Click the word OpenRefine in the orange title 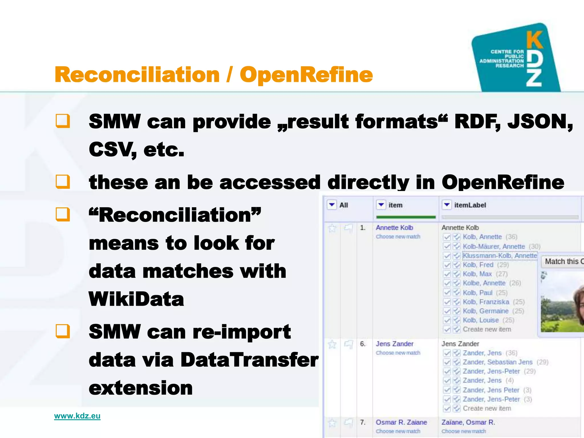(x=306, y=75)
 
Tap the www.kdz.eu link (x=77, y=416)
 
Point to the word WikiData (x=136, y=299)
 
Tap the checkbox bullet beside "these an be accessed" (x=63, y=182)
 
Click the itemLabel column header (x=470, y=205)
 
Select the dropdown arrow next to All (x=332, y=205)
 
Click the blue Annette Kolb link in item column (x=394, y=228)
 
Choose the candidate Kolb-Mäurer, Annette (x=494, y=246)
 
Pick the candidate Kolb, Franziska (x=486, y=302)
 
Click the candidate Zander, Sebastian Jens (x=497, y=362)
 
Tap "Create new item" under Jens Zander (x=487, y=408)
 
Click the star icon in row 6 (x=332, y=344)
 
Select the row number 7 (x=362, y=422)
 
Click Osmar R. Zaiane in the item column (x=401, y=422)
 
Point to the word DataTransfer (x=250, y=360)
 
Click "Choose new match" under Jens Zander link (x=398, y=353)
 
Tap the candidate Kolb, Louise (x=481, y=320)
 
